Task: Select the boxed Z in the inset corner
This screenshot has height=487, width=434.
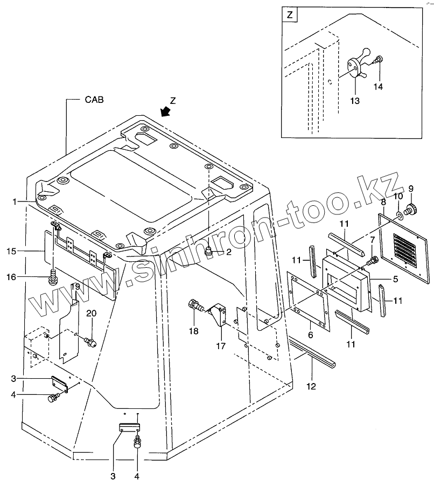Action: click(290, 15)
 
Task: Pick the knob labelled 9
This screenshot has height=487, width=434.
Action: click(412, 209)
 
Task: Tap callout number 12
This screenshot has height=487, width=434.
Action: click(312, 386)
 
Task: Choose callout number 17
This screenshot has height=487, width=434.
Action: click(220, 346)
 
